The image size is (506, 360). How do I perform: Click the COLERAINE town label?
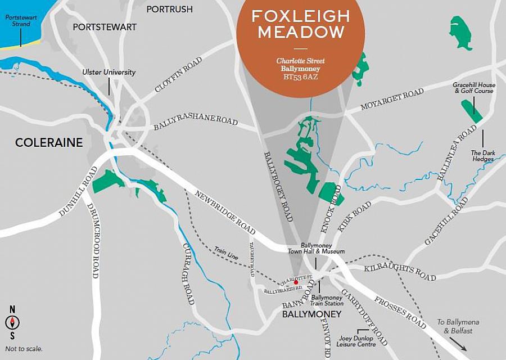[49, 143]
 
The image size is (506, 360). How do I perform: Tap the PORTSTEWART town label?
[105, 27]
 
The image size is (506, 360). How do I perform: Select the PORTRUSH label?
[169, 9]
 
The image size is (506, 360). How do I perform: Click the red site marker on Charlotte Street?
[288, 282]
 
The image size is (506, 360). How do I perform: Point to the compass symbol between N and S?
[12, 322]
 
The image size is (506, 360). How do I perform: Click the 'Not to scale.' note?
[24, 349]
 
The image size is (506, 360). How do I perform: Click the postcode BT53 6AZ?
[300, 77]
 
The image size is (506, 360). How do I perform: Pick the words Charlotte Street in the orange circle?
[300, 61]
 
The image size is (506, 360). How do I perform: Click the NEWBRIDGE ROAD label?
[225, 213]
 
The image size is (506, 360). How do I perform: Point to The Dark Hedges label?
[482, 156]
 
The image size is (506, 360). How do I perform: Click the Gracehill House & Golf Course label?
[473, 87]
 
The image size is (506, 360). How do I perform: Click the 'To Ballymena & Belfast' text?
[457, 326]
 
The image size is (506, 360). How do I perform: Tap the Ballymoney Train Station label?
[327, 300]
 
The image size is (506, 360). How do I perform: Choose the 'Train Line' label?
[226, 252]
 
